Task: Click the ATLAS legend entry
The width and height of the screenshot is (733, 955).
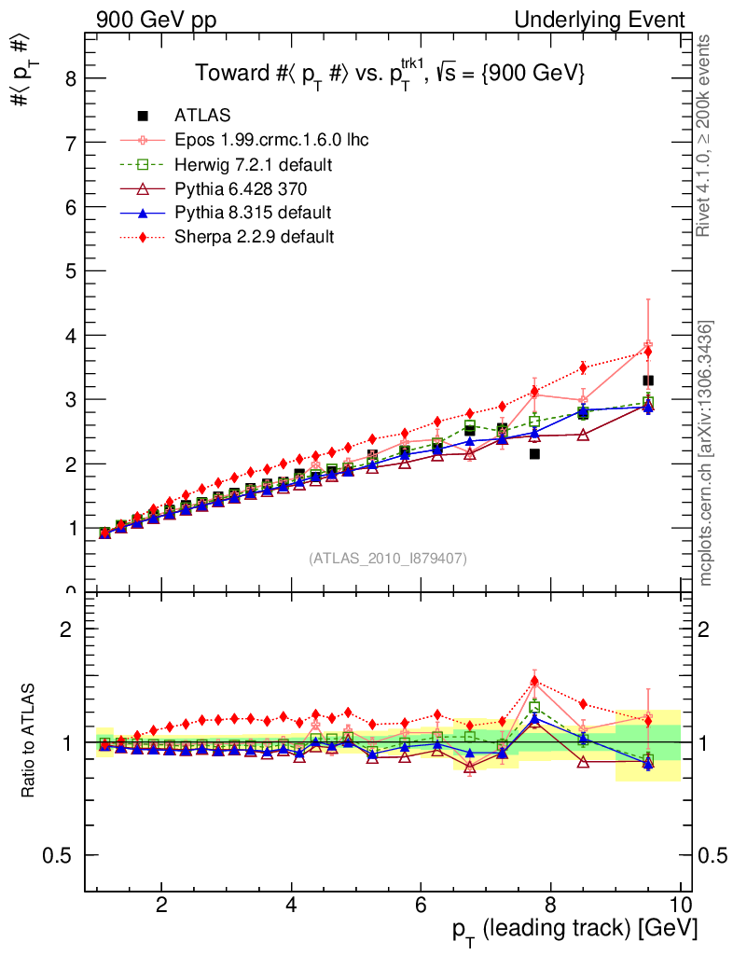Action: (202, 116)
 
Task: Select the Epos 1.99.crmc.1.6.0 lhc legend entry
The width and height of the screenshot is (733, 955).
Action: (271, 141)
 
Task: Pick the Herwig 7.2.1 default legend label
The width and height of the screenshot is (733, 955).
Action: (254, 165)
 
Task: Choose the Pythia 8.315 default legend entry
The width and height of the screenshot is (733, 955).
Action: (253, 213)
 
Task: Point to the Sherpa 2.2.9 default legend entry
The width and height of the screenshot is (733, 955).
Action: (254, 237)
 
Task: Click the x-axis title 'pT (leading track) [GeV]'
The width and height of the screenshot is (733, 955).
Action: (574, 928)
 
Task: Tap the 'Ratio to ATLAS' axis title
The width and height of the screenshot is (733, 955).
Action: (30, 742)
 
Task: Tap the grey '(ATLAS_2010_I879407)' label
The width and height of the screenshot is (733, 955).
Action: (388, 558)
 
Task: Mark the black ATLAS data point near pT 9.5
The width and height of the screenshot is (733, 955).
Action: (647, 381)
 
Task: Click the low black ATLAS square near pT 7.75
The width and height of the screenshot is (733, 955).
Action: (534, 454)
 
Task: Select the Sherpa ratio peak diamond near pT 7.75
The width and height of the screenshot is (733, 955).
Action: (534, 681)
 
